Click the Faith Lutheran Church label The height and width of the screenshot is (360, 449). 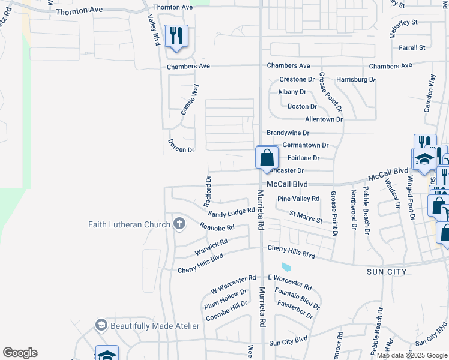[130, 225]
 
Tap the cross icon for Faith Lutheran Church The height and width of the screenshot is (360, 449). [179, 224]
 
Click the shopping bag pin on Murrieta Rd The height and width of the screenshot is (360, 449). [267, 158]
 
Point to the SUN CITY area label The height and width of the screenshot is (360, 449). [387, 272]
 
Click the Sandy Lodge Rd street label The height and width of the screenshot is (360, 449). [232, 213]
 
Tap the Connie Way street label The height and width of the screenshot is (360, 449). [190, 99]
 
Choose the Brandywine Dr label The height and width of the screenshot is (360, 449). [288, 133]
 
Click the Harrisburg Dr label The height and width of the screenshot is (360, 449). [355, 79]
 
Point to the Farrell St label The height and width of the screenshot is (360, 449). [411, 47]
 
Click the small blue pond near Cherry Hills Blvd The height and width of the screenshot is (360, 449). [286, 266]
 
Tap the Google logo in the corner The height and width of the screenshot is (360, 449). [20, 353]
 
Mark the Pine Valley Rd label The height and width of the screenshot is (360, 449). [298, 199]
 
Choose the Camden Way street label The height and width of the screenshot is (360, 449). [429, 92]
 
